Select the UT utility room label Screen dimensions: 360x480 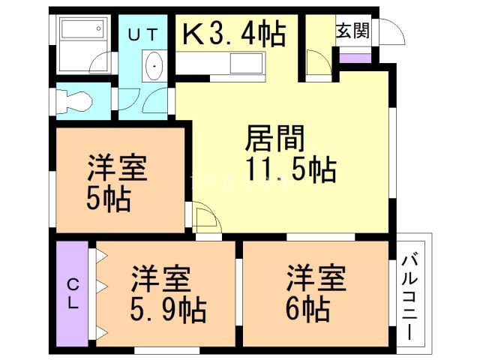[x=145, y=34]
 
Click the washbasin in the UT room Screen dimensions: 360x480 [x=154, y=67]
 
